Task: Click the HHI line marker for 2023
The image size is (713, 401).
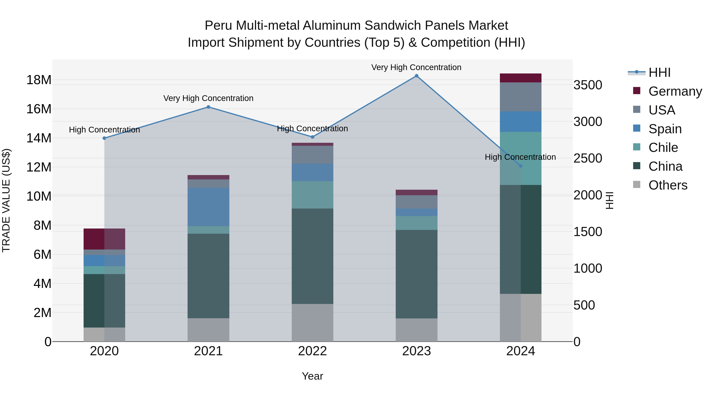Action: (416, 76)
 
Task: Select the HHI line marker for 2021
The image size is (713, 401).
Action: (208, 107)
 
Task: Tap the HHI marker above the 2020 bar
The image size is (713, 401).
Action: (104, 138)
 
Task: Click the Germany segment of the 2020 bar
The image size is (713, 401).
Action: (104, 239)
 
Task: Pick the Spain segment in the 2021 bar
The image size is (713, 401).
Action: (208, 207)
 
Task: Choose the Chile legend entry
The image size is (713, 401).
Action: (663, 148)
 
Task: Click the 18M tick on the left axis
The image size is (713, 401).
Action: (39, 80)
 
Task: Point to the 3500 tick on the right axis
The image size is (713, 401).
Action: (587, 85)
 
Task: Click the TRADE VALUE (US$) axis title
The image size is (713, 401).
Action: (6, 200)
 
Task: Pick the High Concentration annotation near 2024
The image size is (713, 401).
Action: (520, 157)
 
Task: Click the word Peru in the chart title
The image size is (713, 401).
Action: (219, 26)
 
